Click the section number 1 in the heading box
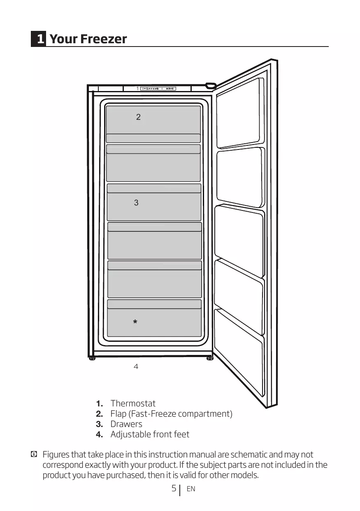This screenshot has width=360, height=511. [x=39, y=39]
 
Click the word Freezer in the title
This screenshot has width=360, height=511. [x=104, y=39]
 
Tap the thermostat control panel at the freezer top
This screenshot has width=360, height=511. [x=158, y=89]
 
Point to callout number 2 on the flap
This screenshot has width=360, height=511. [x=138, y=117]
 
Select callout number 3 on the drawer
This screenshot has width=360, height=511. [x=136, y=203]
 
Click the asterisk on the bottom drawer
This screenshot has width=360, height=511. [x=135, y=322]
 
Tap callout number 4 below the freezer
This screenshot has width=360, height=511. [x=136, y=366]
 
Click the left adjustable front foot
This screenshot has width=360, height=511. [x=93, y=358]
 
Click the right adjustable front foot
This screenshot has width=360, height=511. [x=210, y=358]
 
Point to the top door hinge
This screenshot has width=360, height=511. [x=211, y=86]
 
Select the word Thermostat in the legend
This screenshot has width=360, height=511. [x=133, y=404]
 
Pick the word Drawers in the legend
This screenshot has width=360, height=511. [x=126, y=424]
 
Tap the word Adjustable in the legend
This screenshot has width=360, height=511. [x=130, y=434]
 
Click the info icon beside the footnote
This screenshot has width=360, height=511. [x=34, y=455]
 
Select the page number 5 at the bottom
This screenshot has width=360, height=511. [x=174, y=489]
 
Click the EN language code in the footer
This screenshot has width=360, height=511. [x=191, y=489]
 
